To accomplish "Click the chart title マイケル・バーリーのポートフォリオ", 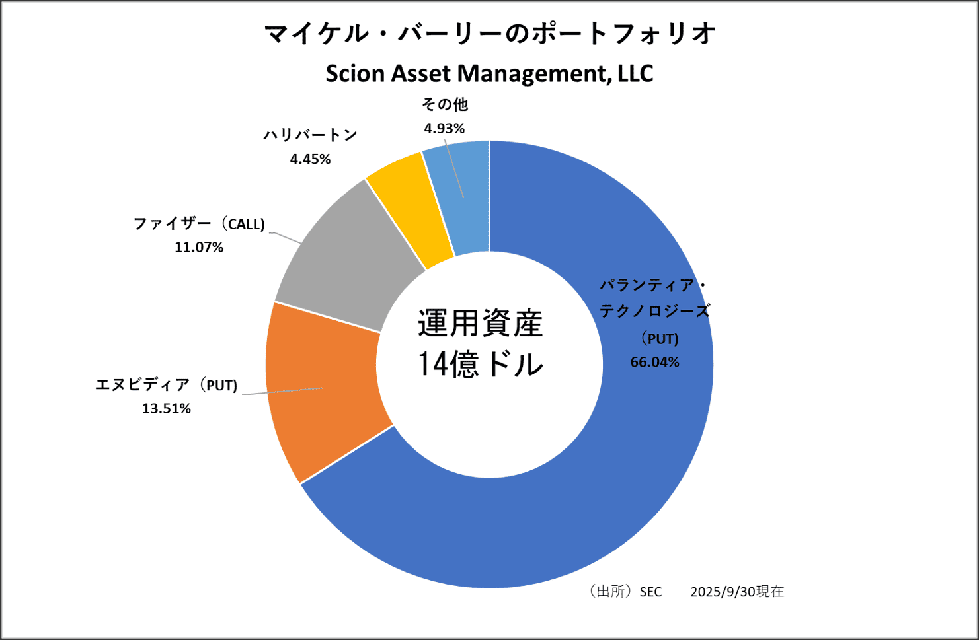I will [490, 33].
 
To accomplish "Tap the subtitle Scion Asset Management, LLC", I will [489, 73].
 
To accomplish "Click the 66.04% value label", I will [654, 362].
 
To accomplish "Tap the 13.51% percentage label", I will [167, 409].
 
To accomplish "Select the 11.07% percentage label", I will [199, 247].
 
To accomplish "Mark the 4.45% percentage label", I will [310, 159].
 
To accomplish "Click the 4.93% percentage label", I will [444, 128].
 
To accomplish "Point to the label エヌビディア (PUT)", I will [166, 385].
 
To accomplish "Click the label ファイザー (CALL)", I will [199, 224].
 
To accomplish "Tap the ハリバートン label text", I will [310, 135].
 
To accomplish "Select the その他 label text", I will [445, 104].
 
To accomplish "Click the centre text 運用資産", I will [480, 324].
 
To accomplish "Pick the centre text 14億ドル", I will [480, 364].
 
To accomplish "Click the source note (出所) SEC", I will [623, 592].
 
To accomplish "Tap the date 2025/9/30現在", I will [737, 592].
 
